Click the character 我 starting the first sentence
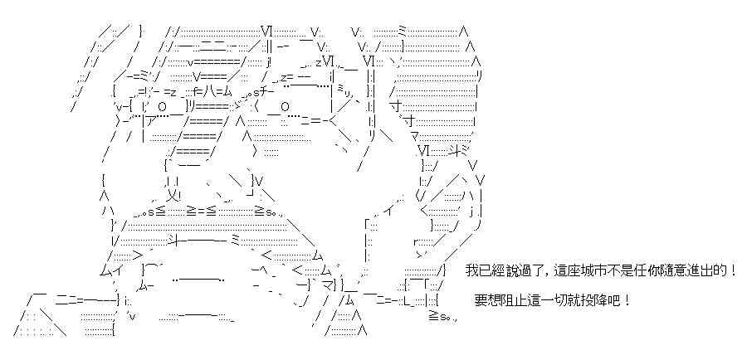[x=471, y=271]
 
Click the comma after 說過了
[x=540, y=274]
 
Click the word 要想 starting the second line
[x=487, y=299]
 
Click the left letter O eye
[x=161, y=106]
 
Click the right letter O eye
[x=284, y=106]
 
